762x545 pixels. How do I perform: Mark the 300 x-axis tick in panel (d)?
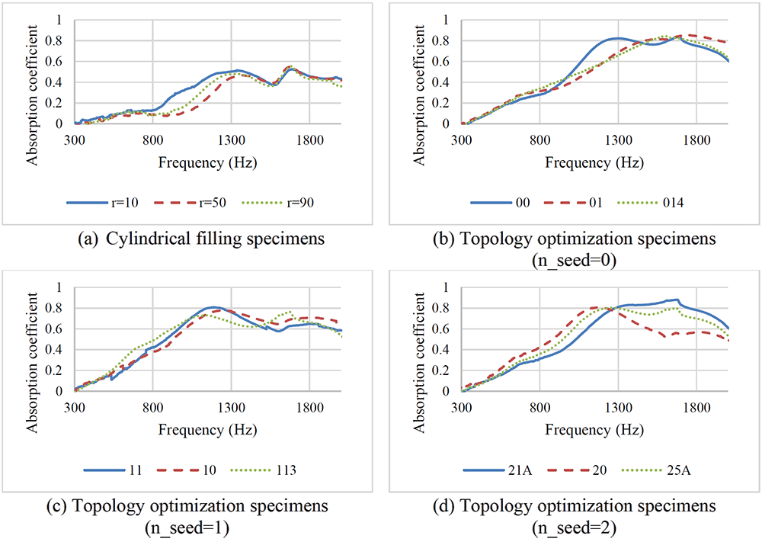(x=462, y=407)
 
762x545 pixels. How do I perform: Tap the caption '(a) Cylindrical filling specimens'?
(x=201, y=239)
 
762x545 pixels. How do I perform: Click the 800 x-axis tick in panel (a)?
(x=153, y=140)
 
